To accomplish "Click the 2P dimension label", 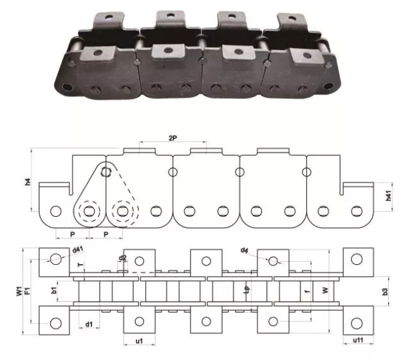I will [172, 138].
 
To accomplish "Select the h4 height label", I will [28, 182].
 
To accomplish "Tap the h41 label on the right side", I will [389, 197].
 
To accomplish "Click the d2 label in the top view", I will [122, 258].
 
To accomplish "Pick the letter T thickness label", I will [79, 265].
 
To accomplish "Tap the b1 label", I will [55, 291].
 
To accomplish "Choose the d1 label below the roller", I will [90, 325].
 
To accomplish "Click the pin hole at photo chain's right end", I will [326, 86].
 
